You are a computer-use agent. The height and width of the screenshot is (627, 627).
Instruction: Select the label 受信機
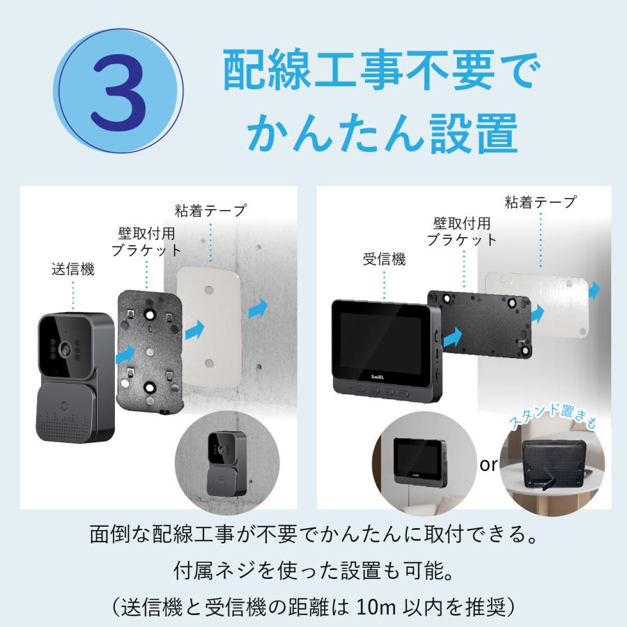point(384,260)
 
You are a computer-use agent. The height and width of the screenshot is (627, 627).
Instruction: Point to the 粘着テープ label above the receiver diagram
point(541,203)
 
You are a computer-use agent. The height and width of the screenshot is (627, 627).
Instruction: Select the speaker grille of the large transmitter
point(69,425)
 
